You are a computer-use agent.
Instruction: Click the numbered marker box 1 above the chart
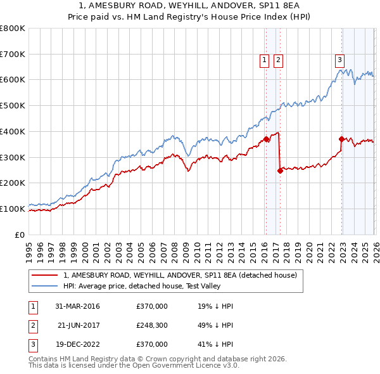[263, 60]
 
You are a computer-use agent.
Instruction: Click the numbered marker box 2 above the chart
[278, 60]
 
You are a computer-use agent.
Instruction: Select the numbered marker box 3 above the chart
[339, 60]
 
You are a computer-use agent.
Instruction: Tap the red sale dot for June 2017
[279, 170]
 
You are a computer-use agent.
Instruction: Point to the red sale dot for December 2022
[341, 139]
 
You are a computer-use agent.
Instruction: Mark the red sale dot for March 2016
[266, 139]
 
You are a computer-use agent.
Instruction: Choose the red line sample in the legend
[46, 275]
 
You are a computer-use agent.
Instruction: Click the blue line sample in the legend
[46, 286]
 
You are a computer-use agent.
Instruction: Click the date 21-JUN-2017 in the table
[79, 325]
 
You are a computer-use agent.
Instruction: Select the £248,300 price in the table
[152, 325]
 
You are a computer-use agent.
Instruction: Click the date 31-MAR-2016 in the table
[79, 306]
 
